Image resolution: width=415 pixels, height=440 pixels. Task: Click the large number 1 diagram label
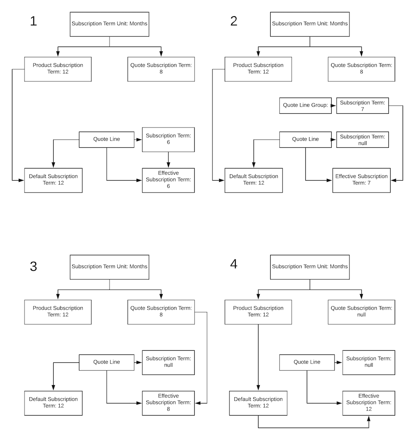point(34,21)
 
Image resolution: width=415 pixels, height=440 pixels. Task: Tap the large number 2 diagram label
point(234,21)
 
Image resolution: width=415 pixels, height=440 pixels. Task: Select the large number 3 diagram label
point(34,266)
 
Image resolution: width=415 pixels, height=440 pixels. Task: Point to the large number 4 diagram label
point(234,264)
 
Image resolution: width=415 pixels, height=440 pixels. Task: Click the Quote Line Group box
point(305,105)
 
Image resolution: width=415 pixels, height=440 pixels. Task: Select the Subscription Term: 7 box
point(363,105)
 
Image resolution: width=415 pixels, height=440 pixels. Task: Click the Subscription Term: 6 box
point(168,139)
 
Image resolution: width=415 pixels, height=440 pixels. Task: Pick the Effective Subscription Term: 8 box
point(168,403)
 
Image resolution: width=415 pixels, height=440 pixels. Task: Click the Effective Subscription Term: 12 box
point(369,403)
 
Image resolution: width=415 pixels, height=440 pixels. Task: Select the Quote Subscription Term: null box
point(361,311)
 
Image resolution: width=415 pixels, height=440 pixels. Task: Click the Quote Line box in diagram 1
point(107,139)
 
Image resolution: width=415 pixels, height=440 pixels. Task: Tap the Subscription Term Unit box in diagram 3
point(110,266)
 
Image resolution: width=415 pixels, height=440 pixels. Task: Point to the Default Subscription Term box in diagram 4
point(258,403)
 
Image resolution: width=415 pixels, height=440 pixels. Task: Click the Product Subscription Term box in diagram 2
point(258,68)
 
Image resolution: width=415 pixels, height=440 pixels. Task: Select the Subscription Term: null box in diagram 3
point(168,362)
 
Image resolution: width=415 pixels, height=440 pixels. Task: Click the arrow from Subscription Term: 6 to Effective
point(168,160)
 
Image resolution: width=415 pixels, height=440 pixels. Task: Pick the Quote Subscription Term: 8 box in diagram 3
point(161,311)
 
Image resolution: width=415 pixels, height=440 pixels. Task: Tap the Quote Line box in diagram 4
point(307,362)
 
